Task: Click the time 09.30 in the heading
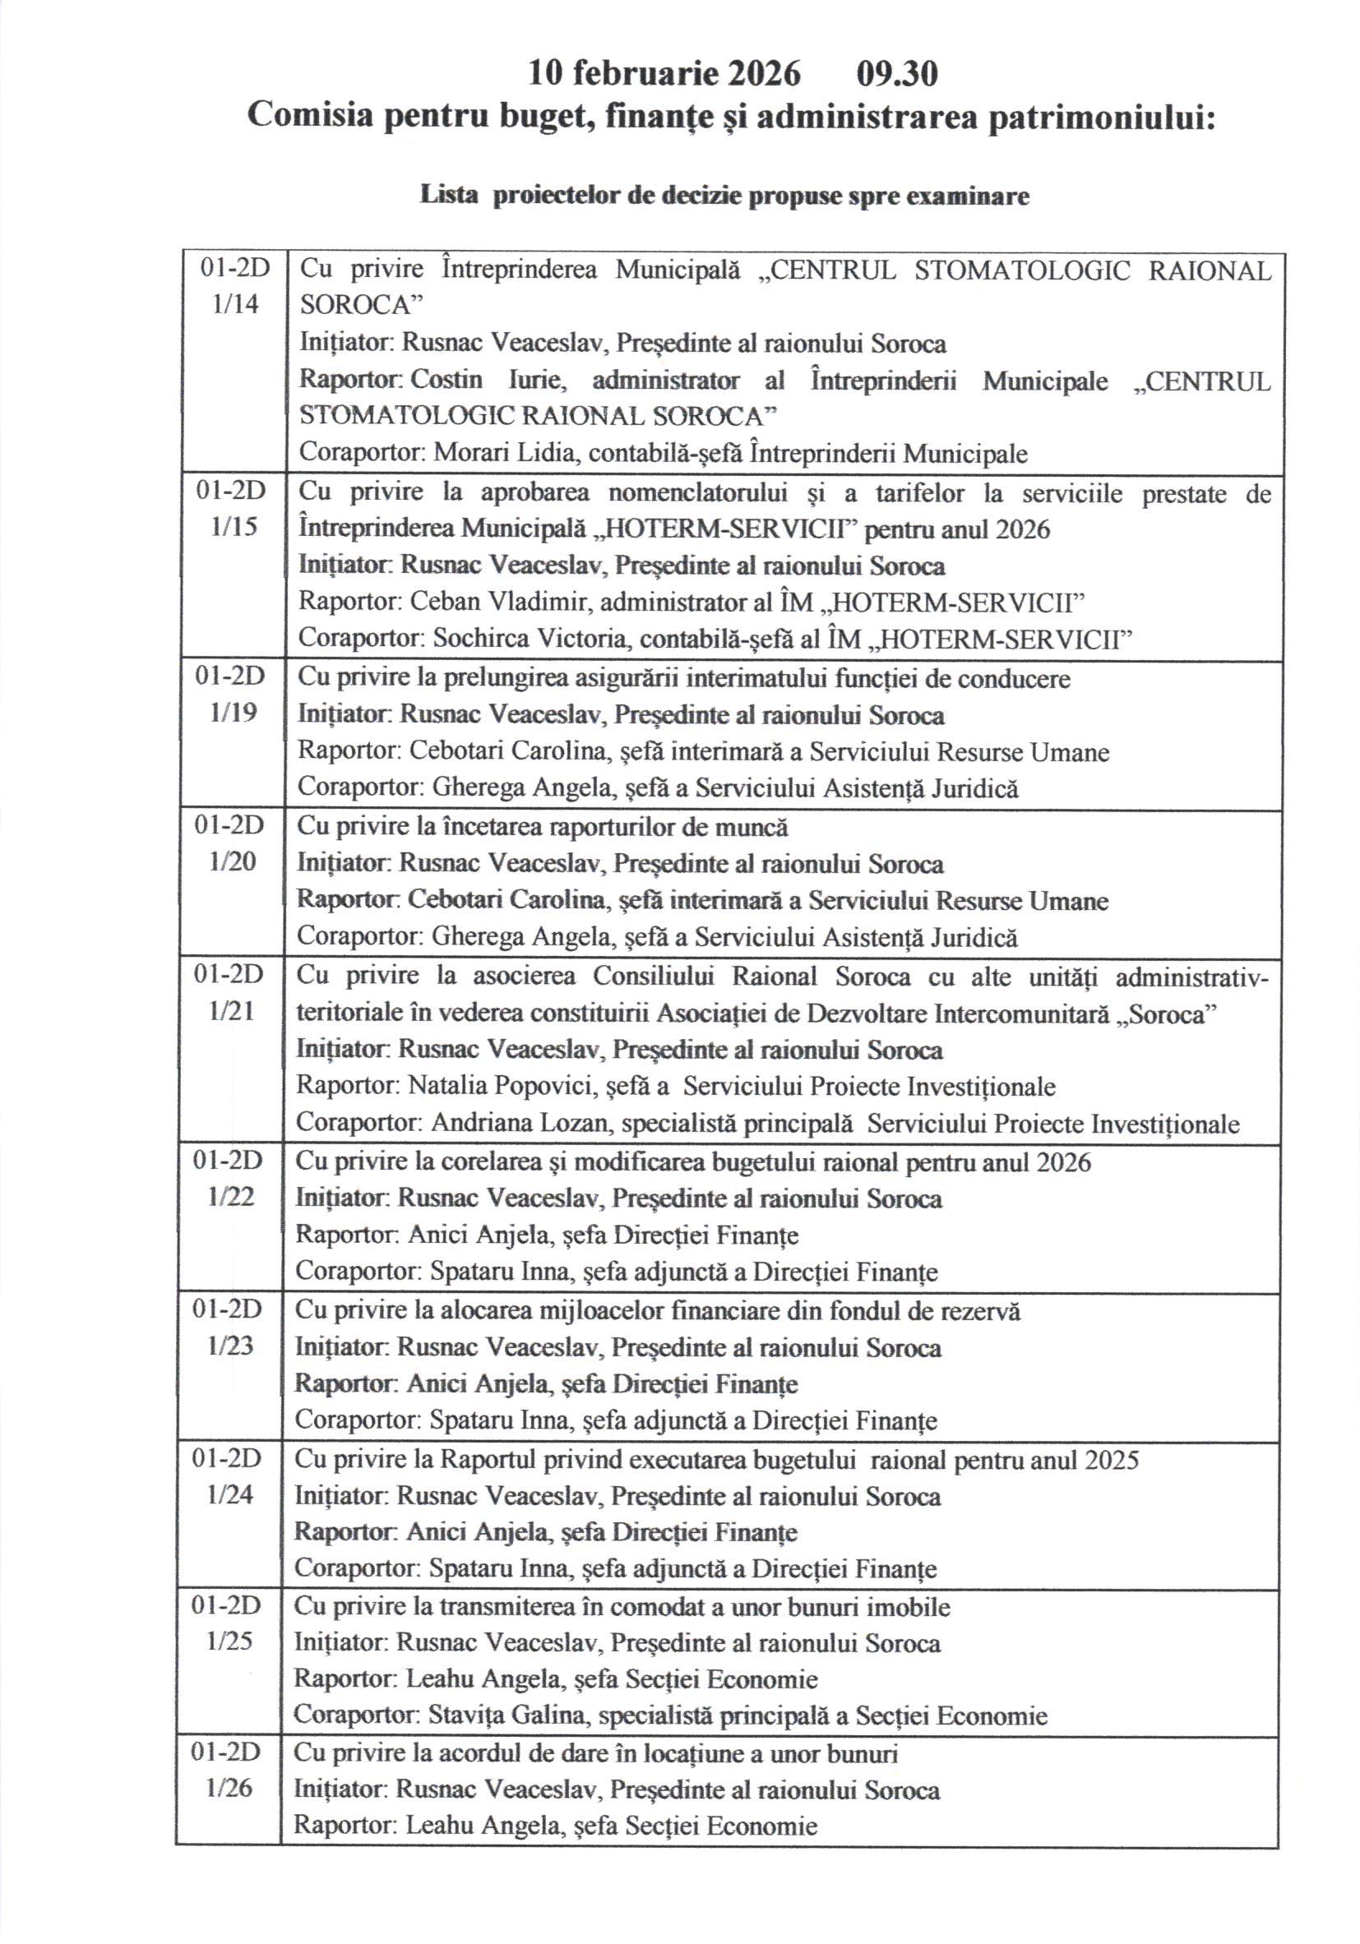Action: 897,75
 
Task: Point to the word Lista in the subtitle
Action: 450,196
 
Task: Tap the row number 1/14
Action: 235,304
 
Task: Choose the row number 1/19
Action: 232,712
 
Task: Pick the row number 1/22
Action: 230,1196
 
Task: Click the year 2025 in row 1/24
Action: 1111,1460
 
